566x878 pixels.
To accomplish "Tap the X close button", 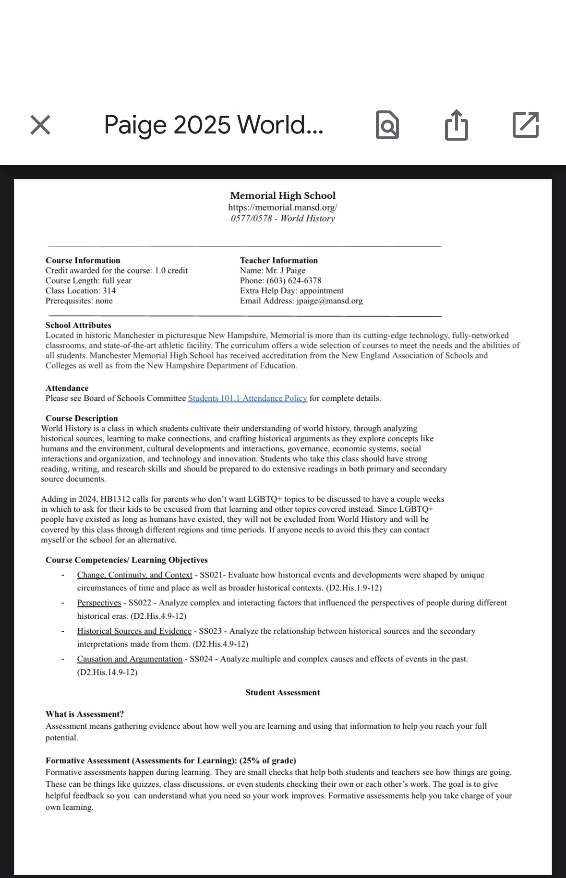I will (40, 125).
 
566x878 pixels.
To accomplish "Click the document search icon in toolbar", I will (387, 125).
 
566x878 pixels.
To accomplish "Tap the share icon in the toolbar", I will (456, 125).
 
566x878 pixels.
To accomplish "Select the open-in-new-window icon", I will (526, 125).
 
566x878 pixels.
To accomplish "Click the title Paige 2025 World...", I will (213, 125).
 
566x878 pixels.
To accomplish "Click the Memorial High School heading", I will (283, 195).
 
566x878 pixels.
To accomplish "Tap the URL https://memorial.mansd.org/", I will (283, 207).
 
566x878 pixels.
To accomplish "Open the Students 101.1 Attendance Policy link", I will (247, 398).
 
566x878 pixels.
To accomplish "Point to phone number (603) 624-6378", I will (294, 280).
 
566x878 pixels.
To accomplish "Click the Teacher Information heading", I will (279, 260).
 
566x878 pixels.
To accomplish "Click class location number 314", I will (109, 290).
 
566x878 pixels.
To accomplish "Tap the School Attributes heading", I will (78, 325).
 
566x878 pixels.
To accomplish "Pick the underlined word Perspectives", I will (99, 602).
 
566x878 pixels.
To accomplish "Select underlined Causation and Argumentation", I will (130, 659).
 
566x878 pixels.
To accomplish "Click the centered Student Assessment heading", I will (283, 692).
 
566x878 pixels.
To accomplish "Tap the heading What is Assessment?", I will (84, 714).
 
